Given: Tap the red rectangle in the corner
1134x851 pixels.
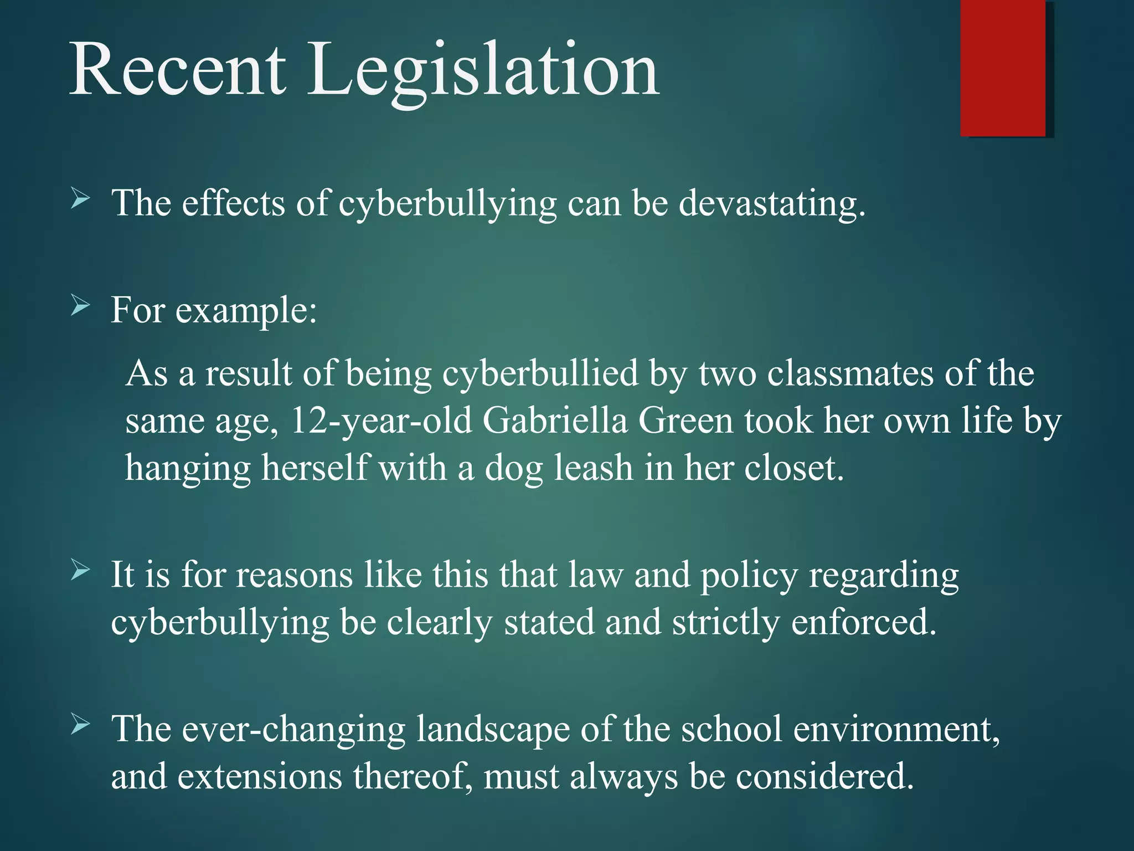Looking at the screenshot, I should click(1002, 68).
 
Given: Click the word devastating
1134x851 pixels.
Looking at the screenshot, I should click(771, 203).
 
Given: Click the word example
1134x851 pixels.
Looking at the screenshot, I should click(245, 311).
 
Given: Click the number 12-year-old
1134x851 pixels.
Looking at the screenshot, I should click(381, 421).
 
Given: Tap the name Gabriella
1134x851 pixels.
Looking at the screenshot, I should click(555, 421).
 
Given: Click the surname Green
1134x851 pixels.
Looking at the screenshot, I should click(685, 421).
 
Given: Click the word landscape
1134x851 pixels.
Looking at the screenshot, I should click(492, 730).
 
